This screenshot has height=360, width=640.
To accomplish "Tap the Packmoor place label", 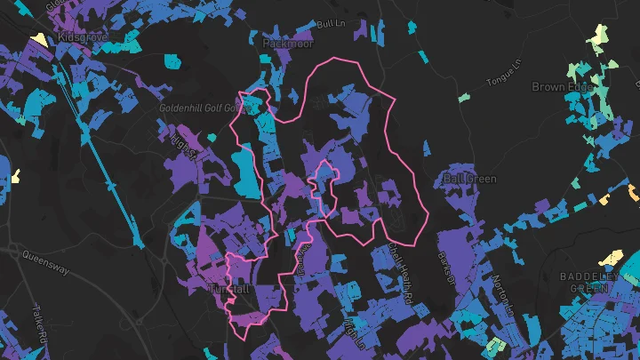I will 288,42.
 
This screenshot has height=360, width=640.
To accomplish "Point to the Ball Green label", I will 468,180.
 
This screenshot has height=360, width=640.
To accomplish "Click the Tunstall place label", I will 228,290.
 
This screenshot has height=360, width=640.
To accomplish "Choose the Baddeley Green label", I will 589,282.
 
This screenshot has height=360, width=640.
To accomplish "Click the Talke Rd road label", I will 44,324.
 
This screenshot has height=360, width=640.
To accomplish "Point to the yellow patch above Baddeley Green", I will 610,259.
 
